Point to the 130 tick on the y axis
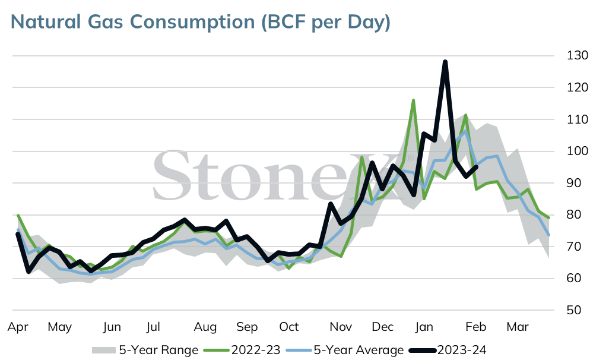[x=577, y=55]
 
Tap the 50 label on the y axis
[x=574, y=310]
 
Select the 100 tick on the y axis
[x=577, y=151]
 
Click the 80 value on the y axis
[x=574, y=214]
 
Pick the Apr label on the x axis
[x=18, y=327]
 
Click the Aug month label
[x=205, y=327]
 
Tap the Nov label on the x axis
[x=341, y=327]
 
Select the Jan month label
[x=424, y=327]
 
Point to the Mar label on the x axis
[x=518, y=327]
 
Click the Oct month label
[x=288, y=327]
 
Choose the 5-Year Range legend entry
[x=145, y=350]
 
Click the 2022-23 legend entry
[x=242, y=350]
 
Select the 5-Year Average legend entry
[x=345, y=350]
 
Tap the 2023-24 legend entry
[x=448, y=350]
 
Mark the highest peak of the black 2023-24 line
[x=445, y=62]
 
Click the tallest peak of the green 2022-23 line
[x=413, y=100]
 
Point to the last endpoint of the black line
[x=477, y=166]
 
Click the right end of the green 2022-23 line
[x=550, y=217]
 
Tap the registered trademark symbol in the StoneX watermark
[x=410, y=157]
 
